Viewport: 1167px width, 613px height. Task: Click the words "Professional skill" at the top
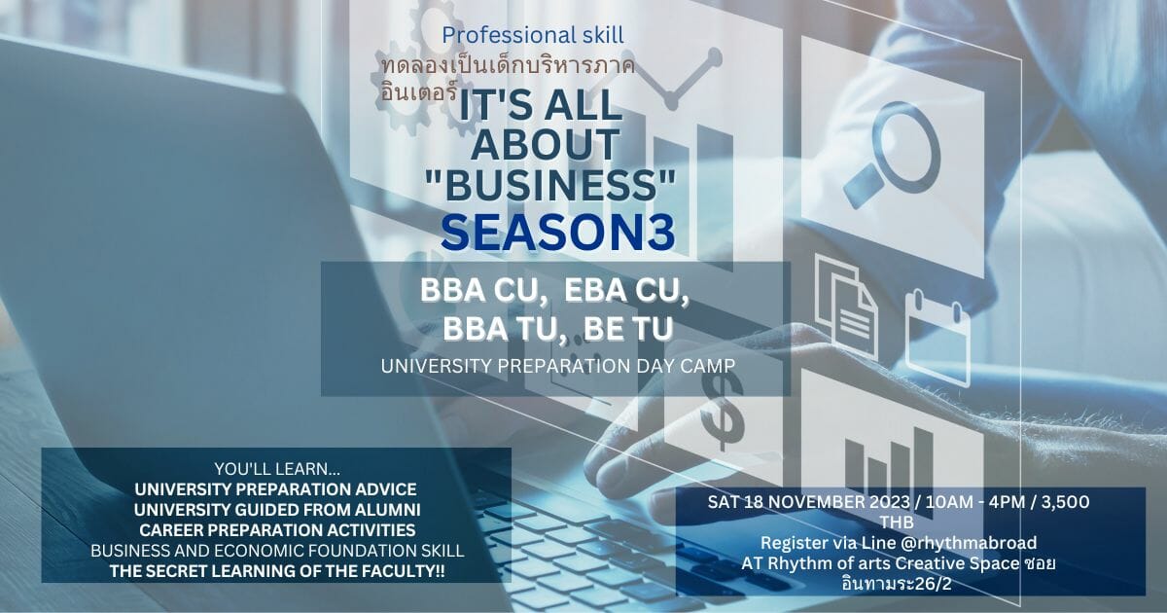pyautogui.click(x=533, y=35)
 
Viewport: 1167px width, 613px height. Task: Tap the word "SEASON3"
pyautogui.click(x=558, y=233)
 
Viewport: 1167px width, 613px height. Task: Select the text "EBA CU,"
pyautogui.click(x=626, y=291)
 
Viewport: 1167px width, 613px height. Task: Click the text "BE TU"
pyautogui.click(x=628, y=329)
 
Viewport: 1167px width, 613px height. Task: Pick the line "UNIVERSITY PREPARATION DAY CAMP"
pyautogui.click(x=558, y=367)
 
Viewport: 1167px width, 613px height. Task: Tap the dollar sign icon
pyautogui.click(x=721, y=412)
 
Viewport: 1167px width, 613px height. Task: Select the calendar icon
pyautogui.click(x=937, y=339)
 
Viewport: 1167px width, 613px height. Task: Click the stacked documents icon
pyautogui.click(x=846, y=306)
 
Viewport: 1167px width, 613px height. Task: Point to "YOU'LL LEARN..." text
pyautogui.click(x=277, y=469)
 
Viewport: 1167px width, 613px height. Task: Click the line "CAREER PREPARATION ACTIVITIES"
pyautogui.click(x=277, y=530)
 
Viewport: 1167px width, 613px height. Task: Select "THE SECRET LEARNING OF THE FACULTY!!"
pyautogui.click(x=277, y=571)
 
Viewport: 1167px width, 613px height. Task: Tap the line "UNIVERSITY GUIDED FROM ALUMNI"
pyautogui.click(x=277, y=509)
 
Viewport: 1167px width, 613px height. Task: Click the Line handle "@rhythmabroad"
pyautogui.click(x=968, y=543)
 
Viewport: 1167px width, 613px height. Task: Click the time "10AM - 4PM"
pyautogui.click(x=972, y=502)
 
